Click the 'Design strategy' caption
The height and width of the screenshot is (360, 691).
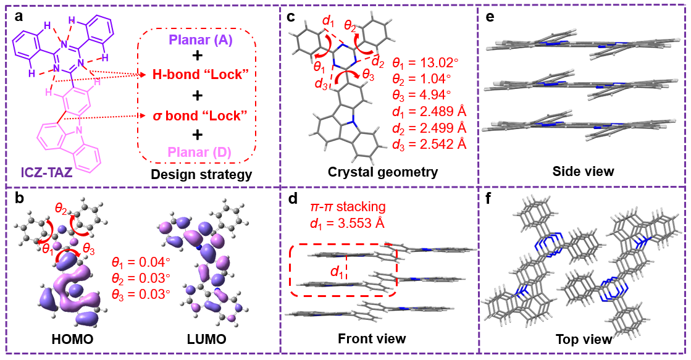pos(201,175)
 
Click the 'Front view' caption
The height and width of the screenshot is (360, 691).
pos(372,338)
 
